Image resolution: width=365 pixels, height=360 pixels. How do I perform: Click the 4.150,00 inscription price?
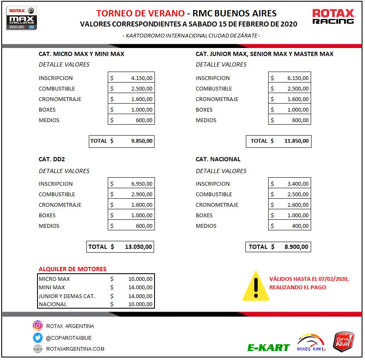pos(142,78)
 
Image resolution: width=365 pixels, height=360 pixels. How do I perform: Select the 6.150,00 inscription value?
pos(298,78)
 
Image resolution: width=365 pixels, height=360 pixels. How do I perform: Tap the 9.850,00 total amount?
pos(142,141)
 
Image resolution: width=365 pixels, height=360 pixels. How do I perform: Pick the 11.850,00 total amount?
pos(296,141)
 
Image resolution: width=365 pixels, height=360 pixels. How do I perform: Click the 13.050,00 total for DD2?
pos(139,247)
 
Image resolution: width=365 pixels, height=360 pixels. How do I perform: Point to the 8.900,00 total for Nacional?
pos(296,247)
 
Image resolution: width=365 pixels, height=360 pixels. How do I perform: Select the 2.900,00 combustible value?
pos(142,195)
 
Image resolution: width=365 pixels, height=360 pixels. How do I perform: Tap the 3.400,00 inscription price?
pos(298,184)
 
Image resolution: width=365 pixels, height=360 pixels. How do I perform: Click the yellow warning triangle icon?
pos(256,286)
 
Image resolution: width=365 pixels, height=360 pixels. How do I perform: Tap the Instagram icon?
pos(38,326)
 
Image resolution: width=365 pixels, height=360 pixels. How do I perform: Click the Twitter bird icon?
pos(38,338)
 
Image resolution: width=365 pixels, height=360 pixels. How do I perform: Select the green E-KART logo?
pos(269,348)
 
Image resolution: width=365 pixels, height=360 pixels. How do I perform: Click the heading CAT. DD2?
pos(52,160)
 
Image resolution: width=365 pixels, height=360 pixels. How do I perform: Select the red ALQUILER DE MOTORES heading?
pos(72,269)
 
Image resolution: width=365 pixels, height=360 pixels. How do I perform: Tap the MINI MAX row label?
pos(52,288)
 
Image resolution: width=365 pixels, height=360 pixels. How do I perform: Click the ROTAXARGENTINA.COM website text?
pos(75,349)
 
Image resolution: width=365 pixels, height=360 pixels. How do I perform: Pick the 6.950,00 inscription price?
pos(142,184)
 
